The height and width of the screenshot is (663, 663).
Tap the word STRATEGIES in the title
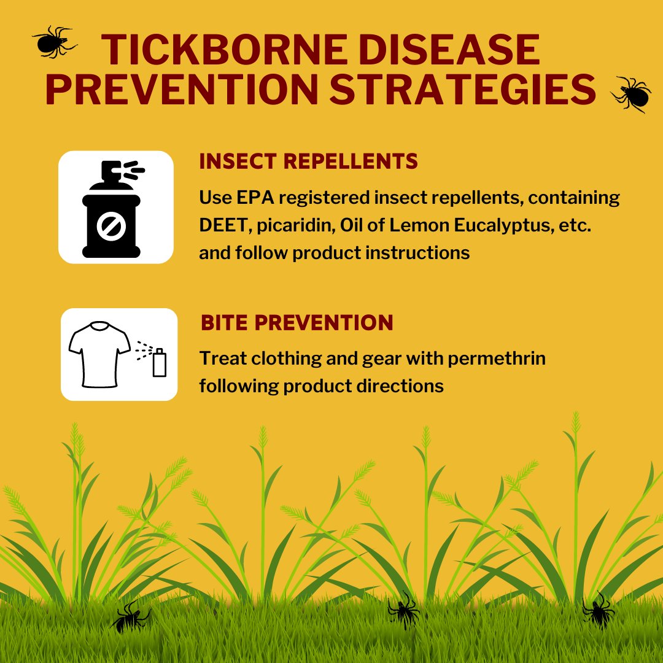(463, 89)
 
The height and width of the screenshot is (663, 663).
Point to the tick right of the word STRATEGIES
(631, 94)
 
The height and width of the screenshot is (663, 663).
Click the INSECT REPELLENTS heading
(308, 161)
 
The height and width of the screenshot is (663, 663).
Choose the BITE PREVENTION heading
(297, 323)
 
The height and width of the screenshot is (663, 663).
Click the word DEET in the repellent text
(222, 225)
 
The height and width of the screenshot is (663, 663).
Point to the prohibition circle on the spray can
(112, 226)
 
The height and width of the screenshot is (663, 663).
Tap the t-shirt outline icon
(100, 354)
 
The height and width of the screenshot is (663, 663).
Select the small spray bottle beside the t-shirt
(160, 362)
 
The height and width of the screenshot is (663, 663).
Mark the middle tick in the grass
(404, 610)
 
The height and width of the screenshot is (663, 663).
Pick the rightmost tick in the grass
(598, 610)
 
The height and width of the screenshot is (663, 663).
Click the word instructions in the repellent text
(417, 253)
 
